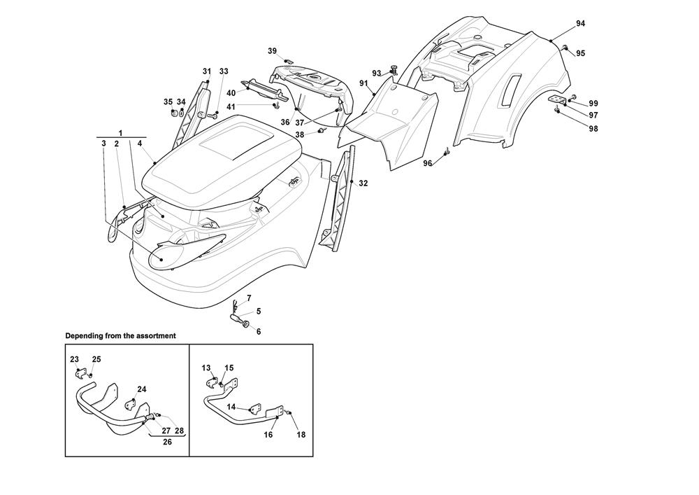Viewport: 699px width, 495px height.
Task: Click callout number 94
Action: [x=580, y=24]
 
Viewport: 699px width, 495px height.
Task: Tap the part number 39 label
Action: [x=272, y=50]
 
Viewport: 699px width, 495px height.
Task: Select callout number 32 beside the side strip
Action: [x=363, y=183]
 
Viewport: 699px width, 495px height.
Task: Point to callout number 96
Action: [x=428, y=163]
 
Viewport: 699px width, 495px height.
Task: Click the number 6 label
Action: [x=258, y=331]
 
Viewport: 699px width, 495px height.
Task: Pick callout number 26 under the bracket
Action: [x=166, y=442]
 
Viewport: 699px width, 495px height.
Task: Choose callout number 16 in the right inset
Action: [x=268, y=434]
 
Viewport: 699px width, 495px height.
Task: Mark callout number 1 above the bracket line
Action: [x=120, y=132]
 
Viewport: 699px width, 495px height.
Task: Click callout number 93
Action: [x=376, y=73]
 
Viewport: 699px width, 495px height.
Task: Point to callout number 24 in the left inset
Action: [x=142, y=389]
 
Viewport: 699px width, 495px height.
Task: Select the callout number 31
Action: [x=207, y=71]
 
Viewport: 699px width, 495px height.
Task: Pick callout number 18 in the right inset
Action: [x=301, y=434]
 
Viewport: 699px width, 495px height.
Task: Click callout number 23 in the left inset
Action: [x=74, y=359]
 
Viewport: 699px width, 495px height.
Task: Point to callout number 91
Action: [x=363, y=83]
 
